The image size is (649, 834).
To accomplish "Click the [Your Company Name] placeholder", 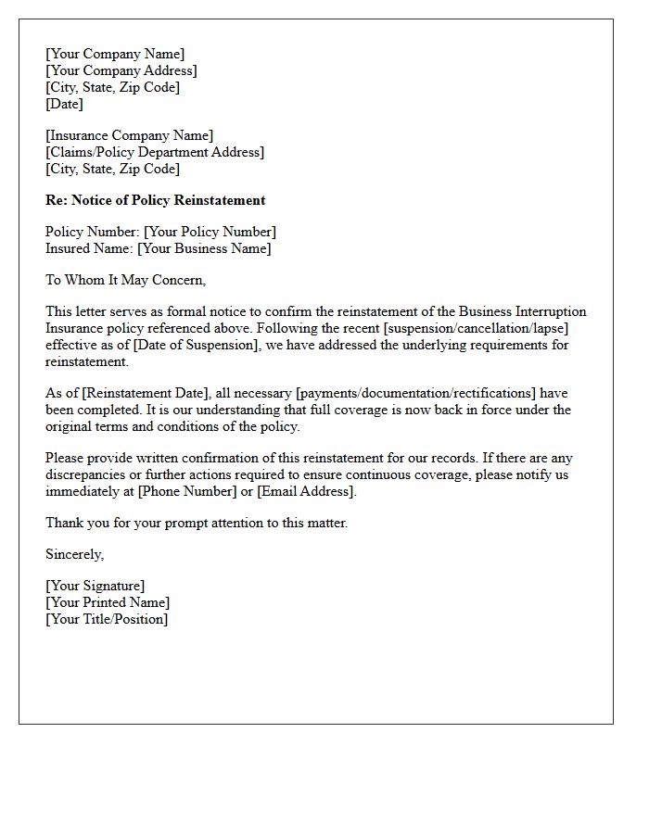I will coord(115,54).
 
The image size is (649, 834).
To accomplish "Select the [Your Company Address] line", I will coord(121,70).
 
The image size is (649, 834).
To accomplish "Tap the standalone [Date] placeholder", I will coord(64,104).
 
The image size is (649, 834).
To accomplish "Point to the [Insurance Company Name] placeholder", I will coord(129,135).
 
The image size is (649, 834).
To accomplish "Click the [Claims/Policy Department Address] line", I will coord(155,152).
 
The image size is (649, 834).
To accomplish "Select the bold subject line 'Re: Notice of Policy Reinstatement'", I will coord(155,200).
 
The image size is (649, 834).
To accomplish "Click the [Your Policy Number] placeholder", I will coord(210,232).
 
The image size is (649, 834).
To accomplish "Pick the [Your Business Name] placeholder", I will coord(204,248).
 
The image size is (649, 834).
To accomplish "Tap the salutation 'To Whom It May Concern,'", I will coord(125,280).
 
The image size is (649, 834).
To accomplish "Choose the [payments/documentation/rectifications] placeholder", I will coord(415,393).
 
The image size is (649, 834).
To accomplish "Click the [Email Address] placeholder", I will coord(306,491).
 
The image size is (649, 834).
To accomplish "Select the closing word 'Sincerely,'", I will coord(75,554).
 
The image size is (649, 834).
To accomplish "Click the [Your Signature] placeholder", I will coord(95,586).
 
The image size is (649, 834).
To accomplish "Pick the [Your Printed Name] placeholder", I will coord(108,602).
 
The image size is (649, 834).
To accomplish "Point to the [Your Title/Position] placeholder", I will coord(107,619).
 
